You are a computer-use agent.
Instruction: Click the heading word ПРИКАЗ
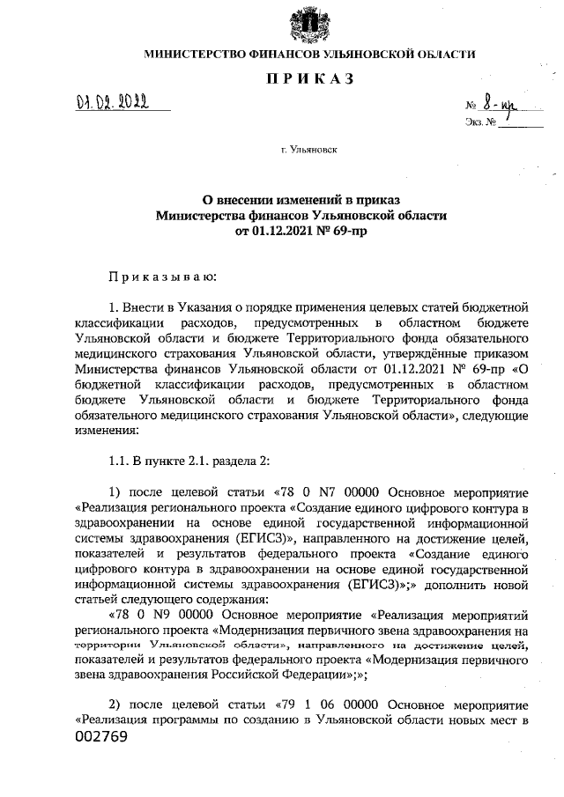(x=309, y=80)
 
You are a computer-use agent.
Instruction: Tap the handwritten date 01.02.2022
(x=112, y=107)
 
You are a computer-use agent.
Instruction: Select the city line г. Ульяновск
(x=309, y=151)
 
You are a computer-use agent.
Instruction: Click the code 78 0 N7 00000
(x=333, y=491)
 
